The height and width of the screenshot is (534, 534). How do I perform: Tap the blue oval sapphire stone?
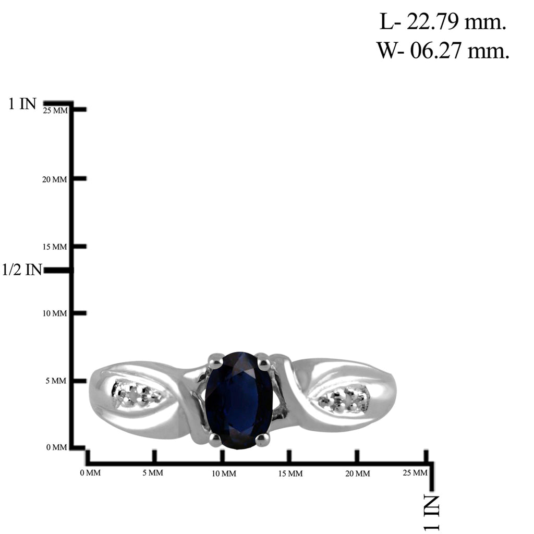239,400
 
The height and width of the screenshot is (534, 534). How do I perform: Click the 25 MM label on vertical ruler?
55,111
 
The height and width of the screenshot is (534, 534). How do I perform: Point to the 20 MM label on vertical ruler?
54,179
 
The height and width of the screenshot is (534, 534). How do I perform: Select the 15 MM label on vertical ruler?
54,247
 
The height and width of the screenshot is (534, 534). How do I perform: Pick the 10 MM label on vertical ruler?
54,313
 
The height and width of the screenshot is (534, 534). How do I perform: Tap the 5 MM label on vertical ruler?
56,381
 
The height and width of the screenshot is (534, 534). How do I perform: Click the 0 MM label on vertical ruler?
56,447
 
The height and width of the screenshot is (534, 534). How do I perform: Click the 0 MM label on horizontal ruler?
90,472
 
